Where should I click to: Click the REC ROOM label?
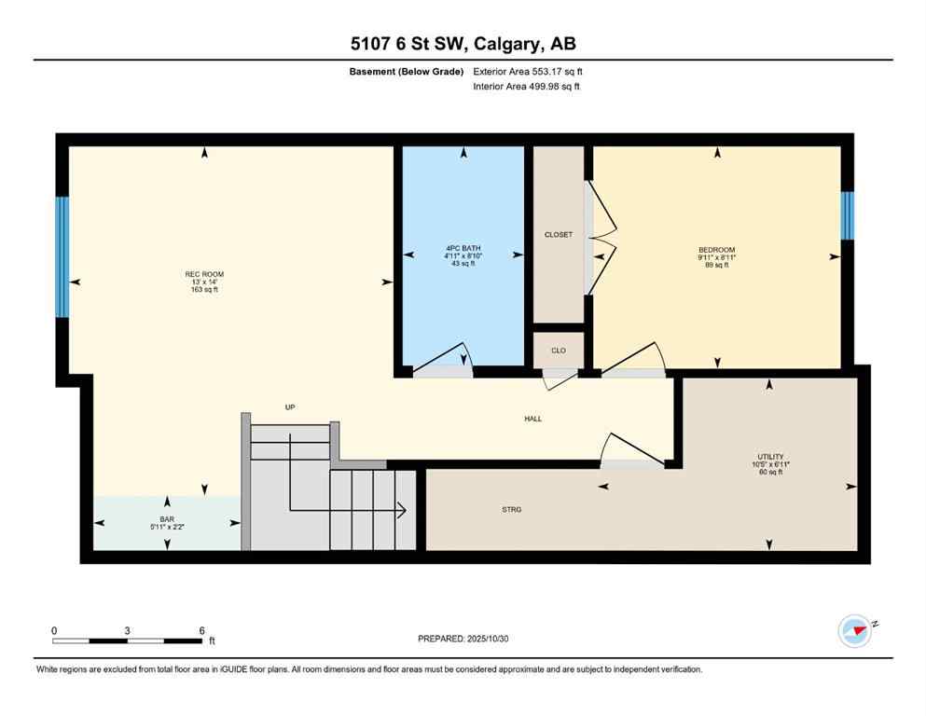[x=204, y=274]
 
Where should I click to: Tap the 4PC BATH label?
[x=463, y=249]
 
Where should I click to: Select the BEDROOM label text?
[x=717, y=250]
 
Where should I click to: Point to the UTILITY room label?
[x=769, y=457]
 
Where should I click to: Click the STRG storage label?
[x=511, y=509]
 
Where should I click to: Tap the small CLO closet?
[x=558, y=351]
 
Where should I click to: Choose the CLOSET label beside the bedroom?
[x=558, y=235]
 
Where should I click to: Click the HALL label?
[x=532, y=419]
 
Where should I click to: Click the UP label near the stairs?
[x=290, y=407]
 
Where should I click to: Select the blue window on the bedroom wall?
[x=847, y=216]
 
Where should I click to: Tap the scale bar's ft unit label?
[x=212, y=641]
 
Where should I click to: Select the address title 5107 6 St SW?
[x=463, y=44]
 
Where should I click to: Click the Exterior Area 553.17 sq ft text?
[x=531, y=71]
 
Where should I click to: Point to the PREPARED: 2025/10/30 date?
[x=463, y=639]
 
